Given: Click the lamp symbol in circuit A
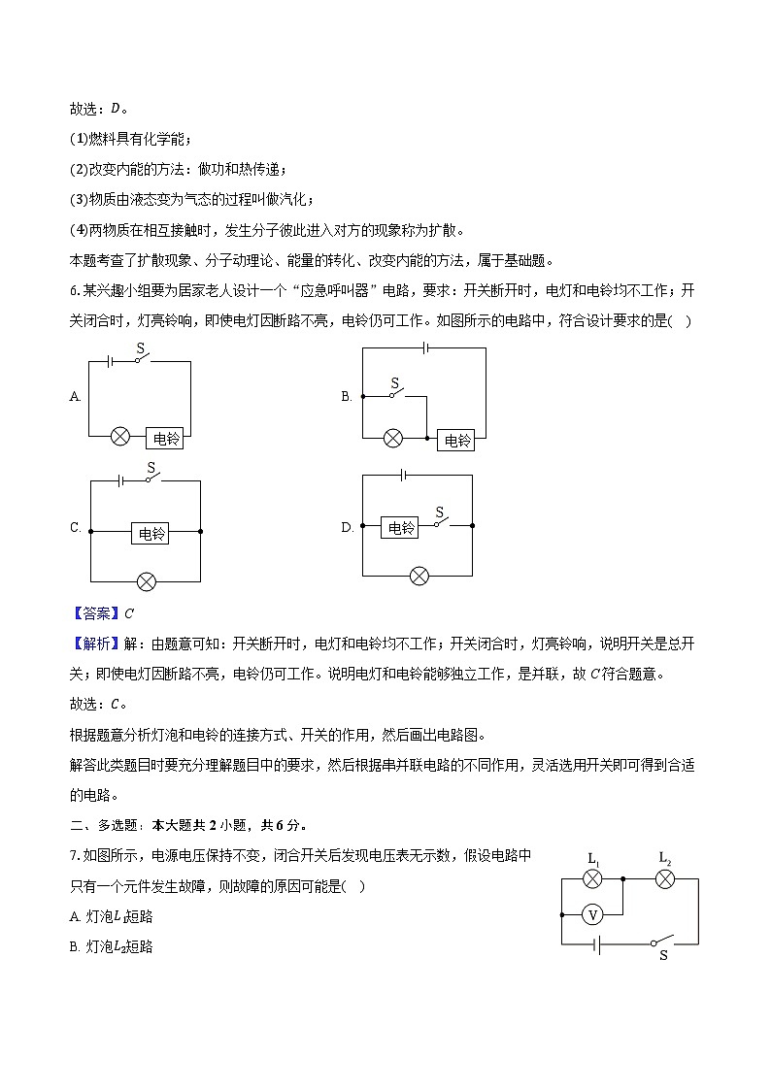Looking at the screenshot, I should coord(120,437).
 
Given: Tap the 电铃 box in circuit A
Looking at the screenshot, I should coord(167,438).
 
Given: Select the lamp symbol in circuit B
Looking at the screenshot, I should coord(393,439).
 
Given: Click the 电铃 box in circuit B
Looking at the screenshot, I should coord(456,440).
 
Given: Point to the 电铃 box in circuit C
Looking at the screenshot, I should coord(151,533).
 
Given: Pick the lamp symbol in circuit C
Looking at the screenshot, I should coord(146,581).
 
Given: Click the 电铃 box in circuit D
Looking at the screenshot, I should coord(401,527).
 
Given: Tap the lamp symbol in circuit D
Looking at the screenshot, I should coord(419,576).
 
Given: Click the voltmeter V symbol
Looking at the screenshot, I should coord(592,914).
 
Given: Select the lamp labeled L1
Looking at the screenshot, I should coord(592,879).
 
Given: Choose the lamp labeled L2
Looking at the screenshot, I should coord(664,879).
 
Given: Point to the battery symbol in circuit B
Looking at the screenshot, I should coord(424,347).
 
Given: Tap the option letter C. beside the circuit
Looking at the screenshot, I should coord(75,528).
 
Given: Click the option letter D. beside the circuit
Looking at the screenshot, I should coord(347,527).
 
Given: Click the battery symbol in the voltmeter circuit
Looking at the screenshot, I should coord(598,942).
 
